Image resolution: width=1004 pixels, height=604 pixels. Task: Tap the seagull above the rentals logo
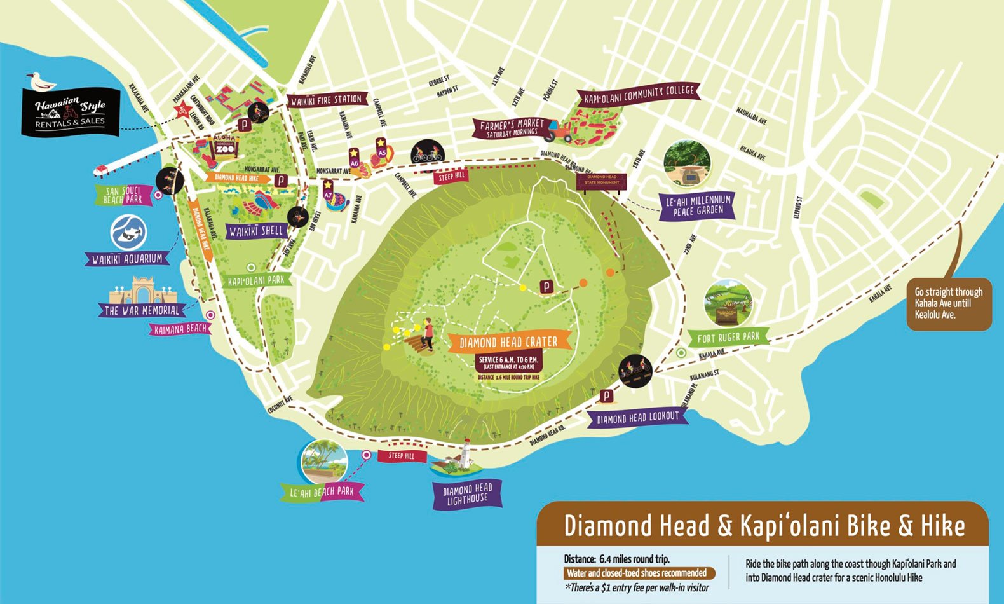(40, 81)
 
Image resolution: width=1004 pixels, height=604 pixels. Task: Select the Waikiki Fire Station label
(327, 100)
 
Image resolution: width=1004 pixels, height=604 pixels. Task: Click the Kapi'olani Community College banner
(639, 94)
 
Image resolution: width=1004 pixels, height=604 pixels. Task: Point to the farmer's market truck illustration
(560, 130)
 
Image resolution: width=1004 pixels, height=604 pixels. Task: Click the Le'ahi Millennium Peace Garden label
(698, 205)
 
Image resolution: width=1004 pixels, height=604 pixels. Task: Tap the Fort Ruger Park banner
(728, 337)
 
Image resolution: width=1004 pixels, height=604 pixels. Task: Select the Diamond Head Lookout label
(638, 418)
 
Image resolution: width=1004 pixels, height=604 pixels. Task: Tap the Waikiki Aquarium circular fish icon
(129, 232)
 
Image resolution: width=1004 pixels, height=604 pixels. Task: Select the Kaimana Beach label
(180, 329)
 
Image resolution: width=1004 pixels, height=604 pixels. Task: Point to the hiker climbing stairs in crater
(428, 334)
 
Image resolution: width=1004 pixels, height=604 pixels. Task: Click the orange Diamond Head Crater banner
(508, 342)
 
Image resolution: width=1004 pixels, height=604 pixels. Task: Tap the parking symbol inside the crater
(546, 287)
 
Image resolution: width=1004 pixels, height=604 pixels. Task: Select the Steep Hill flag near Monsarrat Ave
(452, 175)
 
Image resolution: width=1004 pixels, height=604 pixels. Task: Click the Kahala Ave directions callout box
(948, 303)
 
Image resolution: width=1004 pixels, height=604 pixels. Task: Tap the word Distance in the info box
(580, 559)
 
